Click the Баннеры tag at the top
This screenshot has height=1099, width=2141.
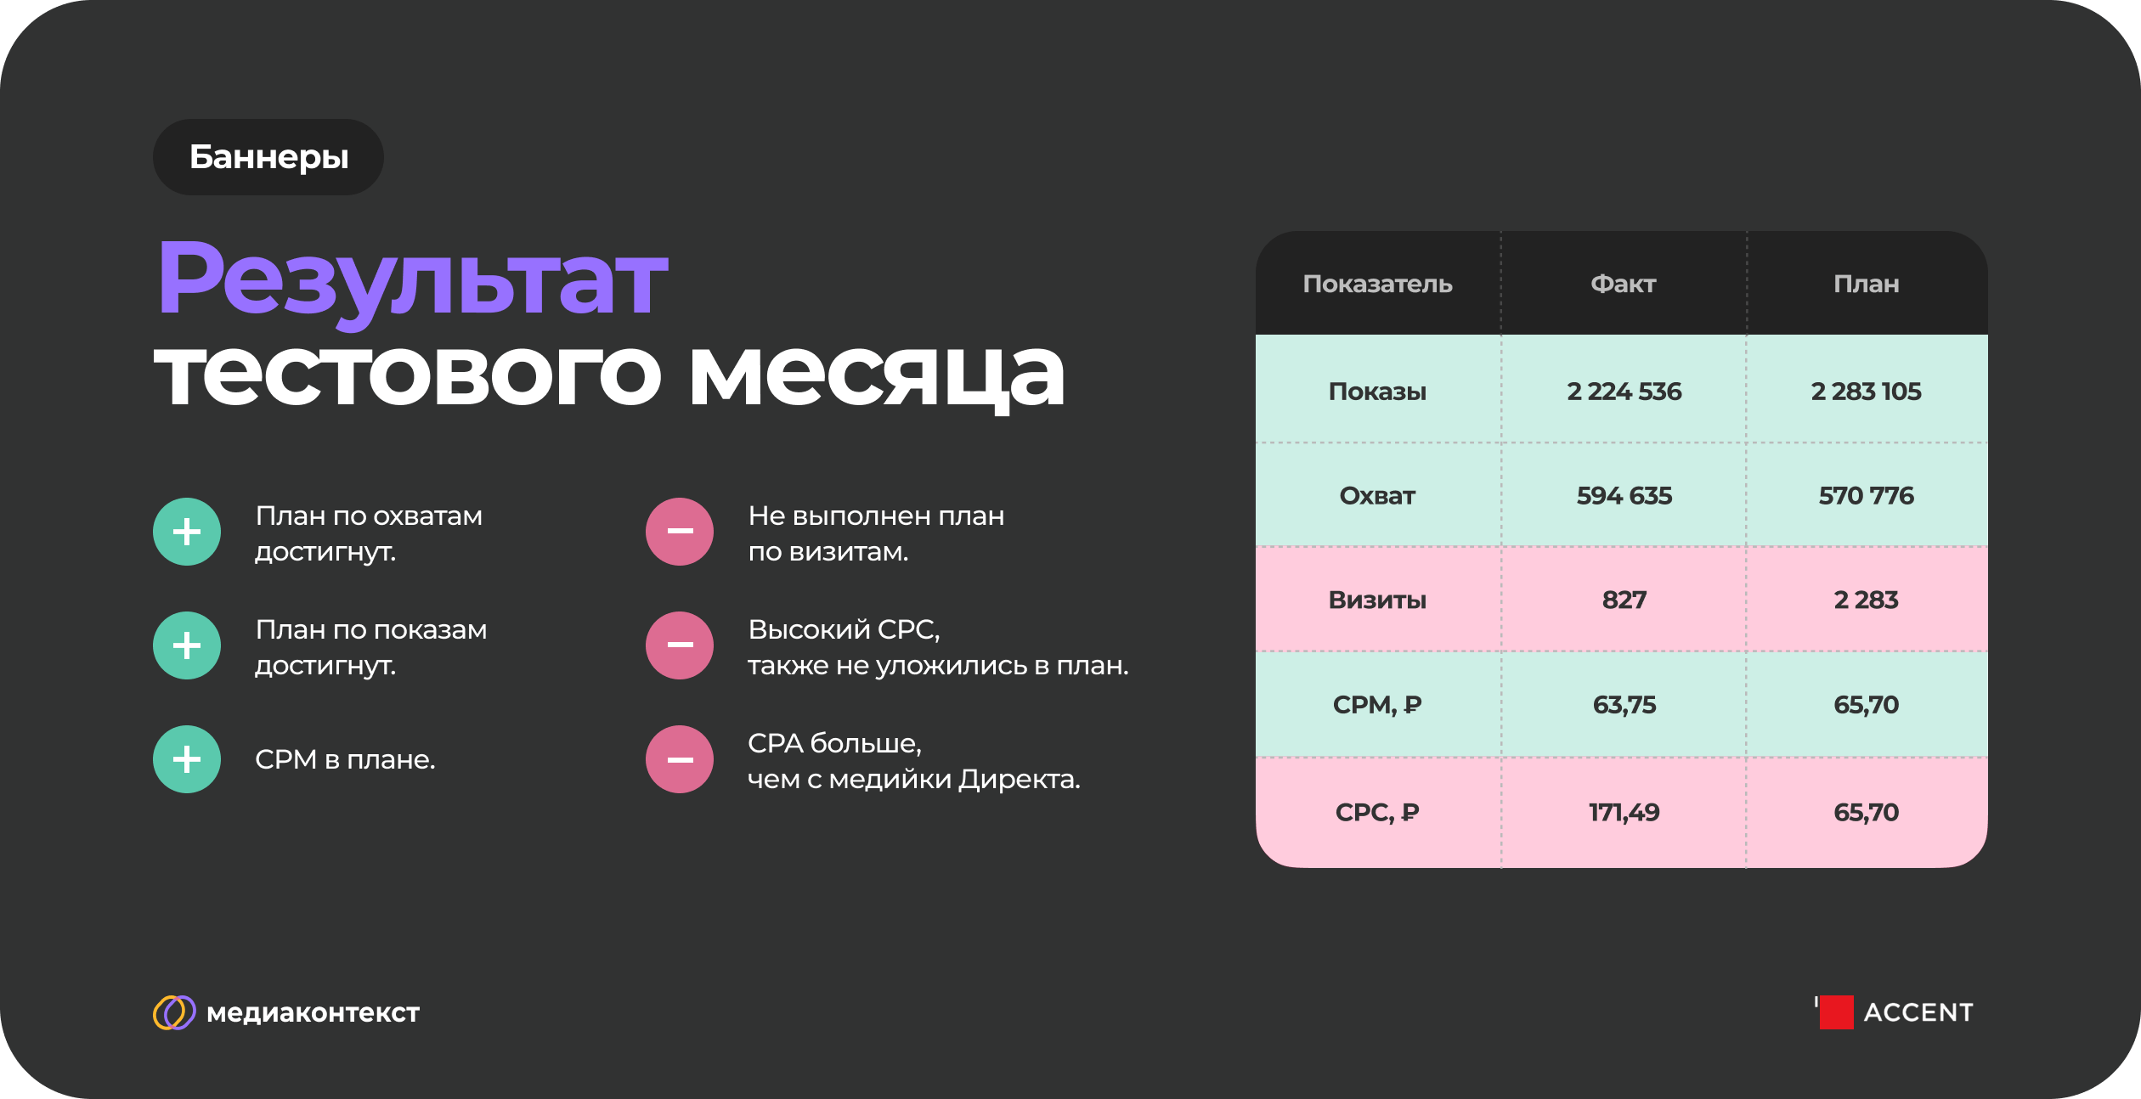click(268, 157)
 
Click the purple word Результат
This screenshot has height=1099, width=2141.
click(413, 281)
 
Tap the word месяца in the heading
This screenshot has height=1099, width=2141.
click(876, 376)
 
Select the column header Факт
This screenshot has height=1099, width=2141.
click(1623, 284)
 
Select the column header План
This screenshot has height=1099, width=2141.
click(1866, 284)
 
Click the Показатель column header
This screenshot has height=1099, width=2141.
click(1377, 284)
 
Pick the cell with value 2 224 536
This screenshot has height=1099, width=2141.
click(1624, 392)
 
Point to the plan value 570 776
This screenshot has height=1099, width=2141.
click(1866, 496)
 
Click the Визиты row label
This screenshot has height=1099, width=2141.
click(1377, 600)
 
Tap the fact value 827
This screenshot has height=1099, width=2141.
click(1624, 600)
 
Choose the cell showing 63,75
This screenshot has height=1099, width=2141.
click(1624, 705)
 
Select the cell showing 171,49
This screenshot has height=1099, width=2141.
click(1624, 813)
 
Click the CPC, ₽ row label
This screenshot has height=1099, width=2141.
click(1377, 813)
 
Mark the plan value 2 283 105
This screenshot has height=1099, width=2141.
click(1866, 392)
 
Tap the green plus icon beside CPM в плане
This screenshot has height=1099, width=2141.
click(187, 759)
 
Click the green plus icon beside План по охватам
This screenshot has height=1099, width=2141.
click(187, 532)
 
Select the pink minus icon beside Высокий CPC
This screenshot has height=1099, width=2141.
click(680, 645)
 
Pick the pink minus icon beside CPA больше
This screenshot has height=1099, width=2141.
click(680, 759)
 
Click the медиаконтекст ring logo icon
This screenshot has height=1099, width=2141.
click(174, 1012)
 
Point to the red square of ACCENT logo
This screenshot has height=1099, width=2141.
click(1836, 1012)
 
